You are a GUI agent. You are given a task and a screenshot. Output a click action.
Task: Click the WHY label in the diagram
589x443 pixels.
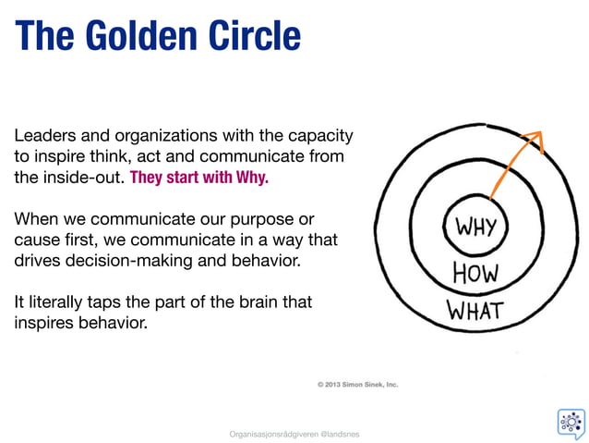click(476, 226)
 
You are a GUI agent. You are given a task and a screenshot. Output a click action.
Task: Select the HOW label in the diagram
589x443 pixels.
click(476, 273)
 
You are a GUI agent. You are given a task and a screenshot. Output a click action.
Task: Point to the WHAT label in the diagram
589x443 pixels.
click(475, 310)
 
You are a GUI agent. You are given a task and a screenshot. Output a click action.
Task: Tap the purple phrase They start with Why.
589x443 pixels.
click(199, 178)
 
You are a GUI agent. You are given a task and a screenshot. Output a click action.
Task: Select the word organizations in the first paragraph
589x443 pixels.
click(162, 135)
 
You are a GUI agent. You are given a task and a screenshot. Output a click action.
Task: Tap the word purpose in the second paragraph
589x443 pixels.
click(267, 220)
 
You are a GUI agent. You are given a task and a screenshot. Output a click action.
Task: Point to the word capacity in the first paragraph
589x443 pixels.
click(320, 135)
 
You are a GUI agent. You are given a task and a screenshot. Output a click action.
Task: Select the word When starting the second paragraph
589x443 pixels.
click(36, 220)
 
